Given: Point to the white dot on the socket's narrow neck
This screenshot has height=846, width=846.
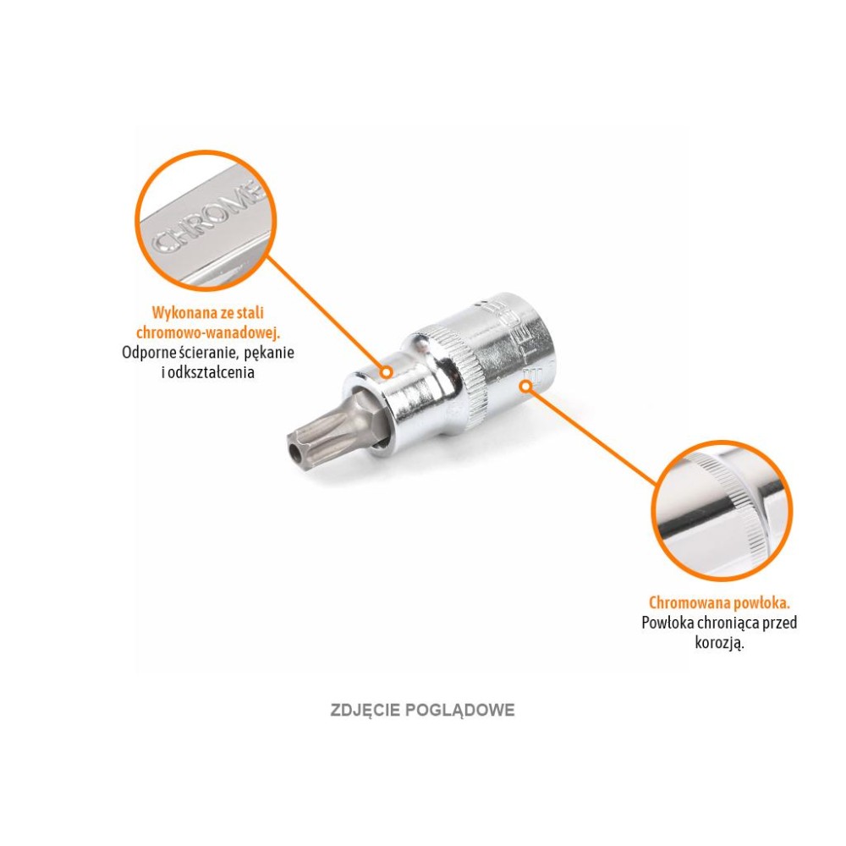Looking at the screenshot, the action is point(387,372).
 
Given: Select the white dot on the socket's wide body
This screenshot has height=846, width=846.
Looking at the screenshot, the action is point(525,386).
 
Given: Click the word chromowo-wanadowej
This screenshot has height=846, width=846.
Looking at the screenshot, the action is point(208,332).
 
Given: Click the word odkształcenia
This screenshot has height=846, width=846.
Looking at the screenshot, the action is point(211,372).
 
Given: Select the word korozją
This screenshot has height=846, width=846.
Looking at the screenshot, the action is point(719,644).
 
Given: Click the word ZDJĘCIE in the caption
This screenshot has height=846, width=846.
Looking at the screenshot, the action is point(365,711).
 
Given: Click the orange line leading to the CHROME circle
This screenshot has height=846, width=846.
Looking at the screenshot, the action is point(327,313).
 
